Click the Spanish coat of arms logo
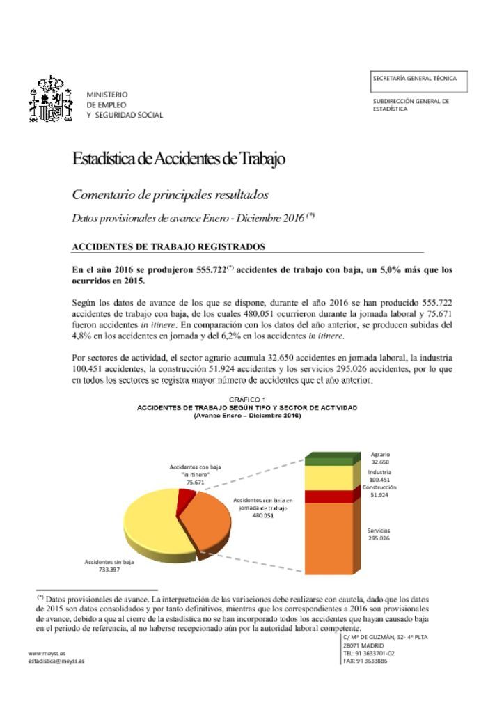tap(50, 101)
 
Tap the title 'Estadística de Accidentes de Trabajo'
tap(179, 159)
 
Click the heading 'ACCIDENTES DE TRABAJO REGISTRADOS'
tap(168, 246)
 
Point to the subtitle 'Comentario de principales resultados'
tap(171, 195)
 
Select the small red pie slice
tap(186, 495)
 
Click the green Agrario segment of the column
tap(329, 460)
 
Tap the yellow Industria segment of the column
tap(329, 478)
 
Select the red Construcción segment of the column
tap(329, 496)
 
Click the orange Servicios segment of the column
tap(329, 536)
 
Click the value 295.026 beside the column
tap(379, 539)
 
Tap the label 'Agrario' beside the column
tap(380, 454)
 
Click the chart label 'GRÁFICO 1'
tap(246, 400)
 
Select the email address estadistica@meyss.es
tap(56, 661)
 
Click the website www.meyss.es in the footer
tap(47, 654)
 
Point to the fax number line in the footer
tap(365, 661)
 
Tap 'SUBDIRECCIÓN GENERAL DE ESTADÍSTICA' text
tap(411, 105)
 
